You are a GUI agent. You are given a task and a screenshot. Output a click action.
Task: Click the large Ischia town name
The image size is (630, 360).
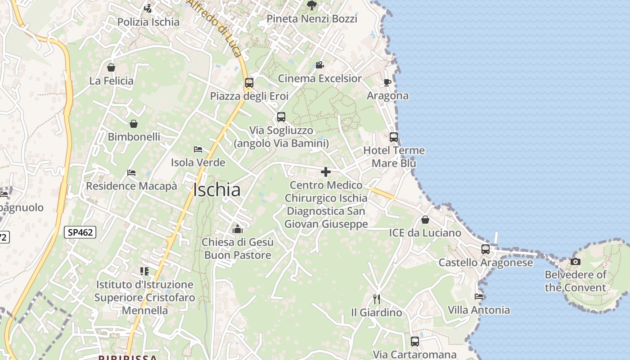coord(216,190)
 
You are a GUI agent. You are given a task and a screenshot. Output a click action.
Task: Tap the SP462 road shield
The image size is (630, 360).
coord(80,232)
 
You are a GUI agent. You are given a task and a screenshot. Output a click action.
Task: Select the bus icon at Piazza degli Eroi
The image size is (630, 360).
coord(249,83)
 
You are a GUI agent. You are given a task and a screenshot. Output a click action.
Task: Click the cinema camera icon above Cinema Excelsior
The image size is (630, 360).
coord(319,65)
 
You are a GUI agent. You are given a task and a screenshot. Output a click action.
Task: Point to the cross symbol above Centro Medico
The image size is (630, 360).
coord(325,172)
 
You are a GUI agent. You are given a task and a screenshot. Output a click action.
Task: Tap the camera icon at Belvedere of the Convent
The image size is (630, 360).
coord(575,261)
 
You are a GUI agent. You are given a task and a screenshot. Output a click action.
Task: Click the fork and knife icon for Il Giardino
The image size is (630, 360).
coord(377,299)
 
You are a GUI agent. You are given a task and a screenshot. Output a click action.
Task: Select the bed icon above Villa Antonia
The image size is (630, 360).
coord(479,297)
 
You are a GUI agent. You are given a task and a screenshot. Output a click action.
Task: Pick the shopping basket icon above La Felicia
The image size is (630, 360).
coord(111,67)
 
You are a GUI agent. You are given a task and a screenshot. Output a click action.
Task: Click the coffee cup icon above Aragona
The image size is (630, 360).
coord(387,82)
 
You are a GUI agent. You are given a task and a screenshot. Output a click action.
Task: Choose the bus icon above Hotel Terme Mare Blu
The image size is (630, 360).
coord(394,137)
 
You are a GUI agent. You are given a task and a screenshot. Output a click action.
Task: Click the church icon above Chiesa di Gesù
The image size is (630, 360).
coord(237,229)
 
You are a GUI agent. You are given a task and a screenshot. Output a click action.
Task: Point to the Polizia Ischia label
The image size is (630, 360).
coord(148,22)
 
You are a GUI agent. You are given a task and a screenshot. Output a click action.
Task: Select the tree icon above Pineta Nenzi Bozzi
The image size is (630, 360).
coord(311,5)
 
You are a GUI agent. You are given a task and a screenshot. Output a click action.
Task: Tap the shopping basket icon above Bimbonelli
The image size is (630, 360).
coord(134,123)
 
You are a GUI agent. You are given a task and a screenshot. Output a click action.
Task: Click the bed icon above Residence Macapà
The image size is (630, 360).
coord(131,172)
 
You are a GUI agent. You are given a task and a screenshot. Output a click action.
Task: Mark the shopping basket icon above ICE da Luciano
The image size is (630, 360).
coord(425,220)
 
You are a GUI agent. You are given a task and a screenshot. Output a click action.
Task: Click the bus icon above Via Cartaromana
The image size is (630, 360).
coord(414,342)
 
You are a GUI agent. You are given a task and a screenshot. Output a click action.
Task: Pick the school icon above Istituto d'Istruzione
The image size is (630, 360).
coord(144,271)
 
